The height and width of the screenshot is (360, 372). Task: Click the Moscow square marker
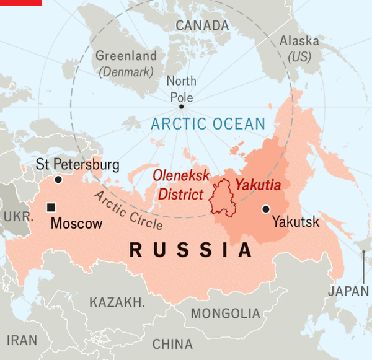tap(52, 207)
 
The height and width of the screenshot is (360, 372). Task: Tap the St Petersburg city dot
tap(58, 180)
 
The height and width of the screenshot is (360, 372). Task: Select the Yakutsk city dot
tap(266, 209)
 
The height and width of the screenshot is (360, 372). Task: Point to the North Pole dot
tap(181, 107)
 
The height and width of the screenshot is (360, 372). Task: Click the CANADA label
tap(202, 25)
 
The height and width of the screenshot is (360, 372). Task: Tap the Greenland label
tap(126, 56)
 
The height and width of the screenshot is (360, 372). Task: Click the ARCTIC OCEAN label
tap(208, 124)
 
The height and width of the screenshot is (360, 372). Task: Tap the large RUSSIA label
tap(192, 250)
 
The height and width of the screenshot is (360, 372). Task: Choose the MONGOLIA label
tap(225, 314)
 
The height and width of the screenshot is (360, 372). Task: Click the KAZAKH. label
tap(117, 302)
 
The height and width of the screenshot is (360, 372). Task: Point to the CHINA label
tap(172, 344)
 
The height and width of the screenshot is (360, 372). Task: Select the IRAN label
tap(22, 340)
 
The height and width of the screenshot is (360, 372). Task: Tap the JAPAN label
tap(348, 291)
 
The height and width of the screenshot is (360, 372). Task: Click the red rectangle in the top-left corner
tap(20, 2)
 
